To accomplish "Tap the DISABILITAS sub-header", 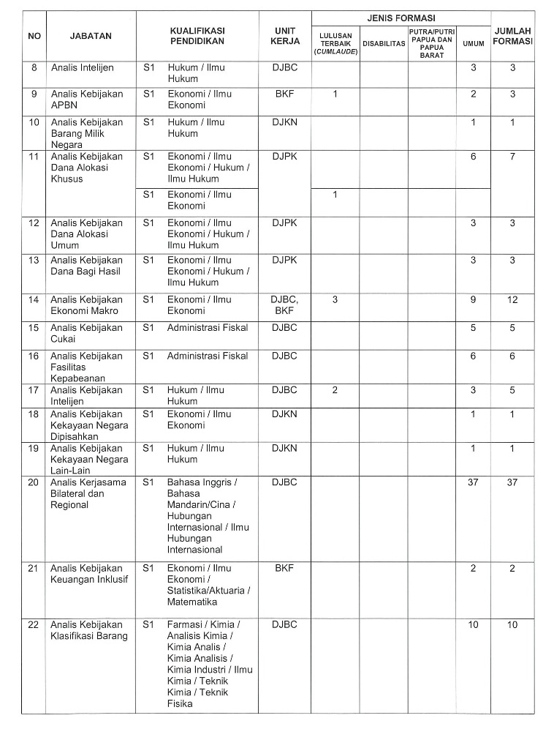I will (384, 44).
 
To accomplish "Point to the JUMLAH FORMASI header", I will (512, 35).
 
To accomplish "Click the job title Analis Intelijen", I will (83, 67).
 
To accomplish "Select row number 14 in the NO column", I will (34, 299).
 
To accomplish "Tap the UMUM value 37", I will (473, 482).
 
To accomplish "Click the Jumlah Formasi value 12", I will (512, 299).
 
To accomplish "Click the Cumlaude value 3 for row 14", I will (335, 299).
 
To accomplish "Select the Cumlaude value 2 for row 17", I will (335, 390).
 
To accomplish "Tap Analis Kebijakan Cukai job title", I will (87, 333).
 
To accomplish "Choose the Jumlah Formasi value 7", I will (512, 157).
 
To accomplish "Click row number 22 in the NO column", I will (34, 624).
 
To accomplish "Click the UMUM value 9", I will (473, 299).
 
